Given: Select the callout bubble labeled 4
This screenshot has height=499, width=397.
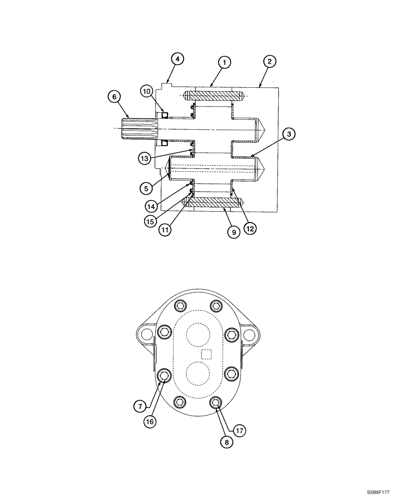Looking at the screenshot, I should (x=177, y=58).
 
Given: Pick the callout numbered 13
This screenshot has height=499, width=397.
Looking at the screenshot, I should (x=144, y=159).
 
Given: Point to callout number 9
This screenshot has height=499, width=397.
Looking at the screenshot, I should (x=232, y=233).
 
